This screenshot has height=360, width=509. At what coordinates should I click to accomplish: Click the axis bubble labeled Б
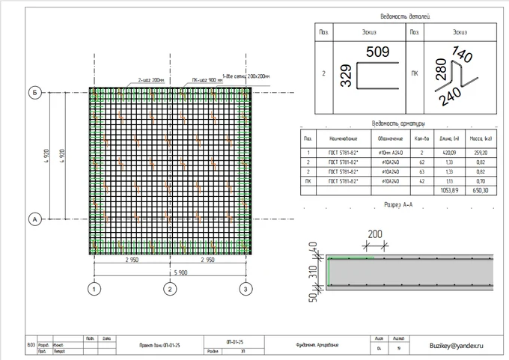click(34, 92)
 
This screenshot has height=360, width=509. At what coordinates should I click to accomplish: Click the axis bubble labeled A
click(34, 219)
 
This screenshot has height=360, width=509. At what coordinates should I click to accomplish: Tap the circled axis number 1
click(94, 288)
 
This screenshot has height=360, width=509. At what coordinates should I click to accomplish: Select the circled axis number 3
click(244, 288)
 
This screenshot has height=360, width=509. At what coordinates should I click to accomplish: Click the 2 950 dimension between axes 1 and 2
click(131, 260)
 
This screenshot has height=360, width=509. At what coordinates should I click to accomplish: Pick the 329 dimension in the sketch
click(347, 76)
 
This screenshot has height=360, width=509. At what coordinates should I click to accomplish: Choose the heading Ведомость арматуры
click(399, 123)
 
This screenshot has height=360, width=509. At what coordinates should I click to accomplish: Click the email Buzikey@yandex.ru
click(457, 345)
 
